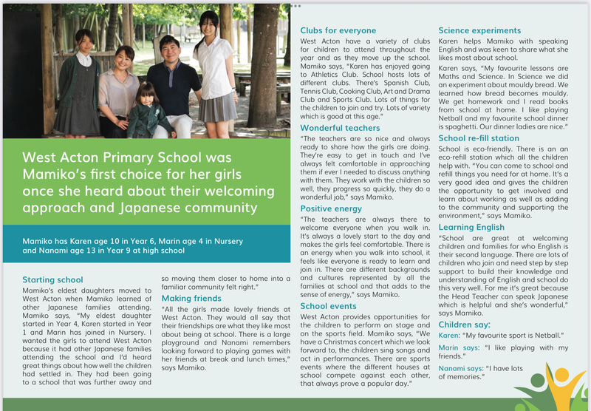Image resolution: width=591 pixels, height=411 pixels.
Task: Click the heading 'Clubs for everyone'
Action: click(338, 30)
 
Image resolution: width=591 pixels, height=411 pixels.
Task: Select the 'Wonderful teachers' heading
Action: click(340, 128)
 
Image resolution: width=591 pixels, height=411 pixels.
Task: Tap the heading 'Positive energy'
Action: click(331, 208)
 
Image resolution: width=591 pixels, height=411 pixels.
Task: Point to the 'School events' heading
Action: click(329, 305)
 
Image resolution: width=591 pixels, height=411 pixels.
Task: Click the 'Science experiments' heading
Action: click(479, 30)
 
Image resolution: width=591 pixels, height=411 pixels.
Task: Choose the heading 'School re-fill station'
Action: click(479, 137)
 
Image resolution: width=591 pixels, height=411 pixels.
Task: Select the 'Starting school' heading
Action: click(52, 279)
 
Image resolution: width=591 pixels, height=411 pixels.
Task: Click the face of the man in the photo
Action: click(169, 51)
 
